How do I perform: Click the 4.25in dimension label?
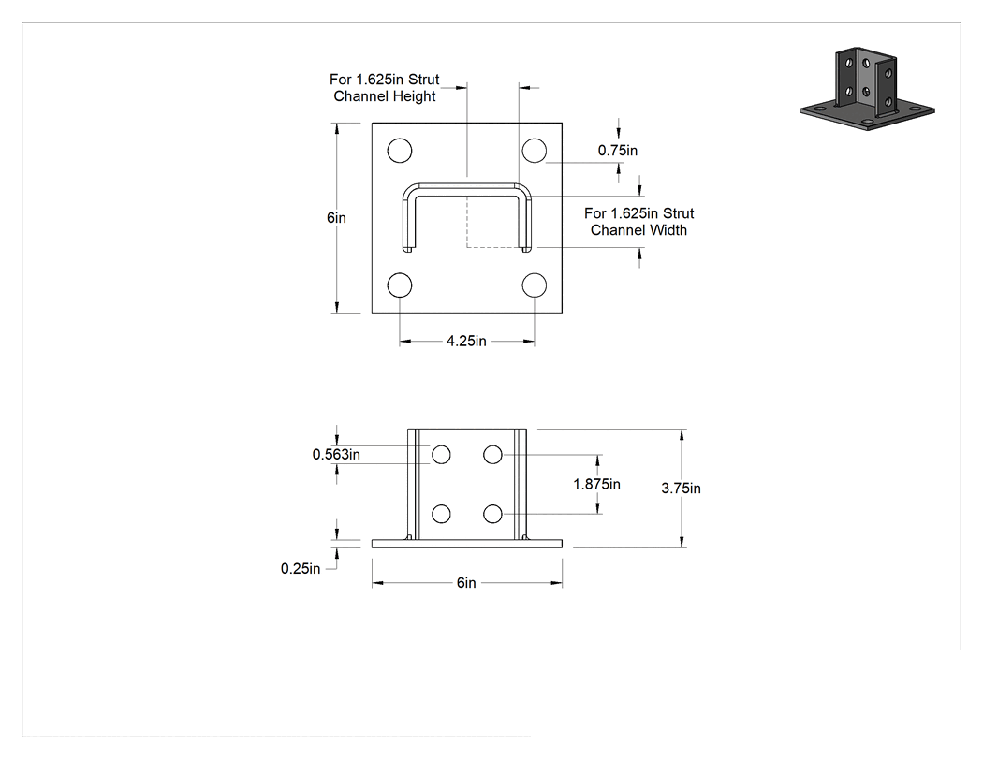466,341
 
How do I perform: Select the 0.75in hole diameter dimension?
618,151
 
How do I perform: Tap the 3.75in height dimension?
681,489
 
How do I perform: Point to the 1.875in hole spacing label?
597,484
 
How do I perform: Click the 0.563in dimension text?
336,455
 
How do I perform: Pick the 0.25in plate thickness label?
301,568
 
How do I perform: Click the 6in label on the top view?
336,217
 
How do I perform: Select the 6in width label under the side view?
466,583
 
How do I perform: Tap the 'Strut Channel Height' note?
384,88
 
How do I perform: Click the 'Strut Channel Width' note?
638,222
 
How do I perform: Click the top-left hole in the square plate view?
400,151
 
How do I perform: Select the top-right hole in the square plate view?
535,151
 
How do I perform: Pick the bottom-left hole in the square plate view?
400,285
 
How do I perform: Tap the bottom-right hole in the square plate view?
535,285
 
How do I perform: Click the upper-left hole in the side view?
441,455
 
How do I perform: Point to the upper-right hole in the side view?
492,455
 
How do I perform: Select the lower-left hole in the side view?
441,514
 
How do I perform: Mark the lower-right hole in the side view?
492,514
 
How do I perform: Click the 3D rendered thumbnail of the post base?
867,88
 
